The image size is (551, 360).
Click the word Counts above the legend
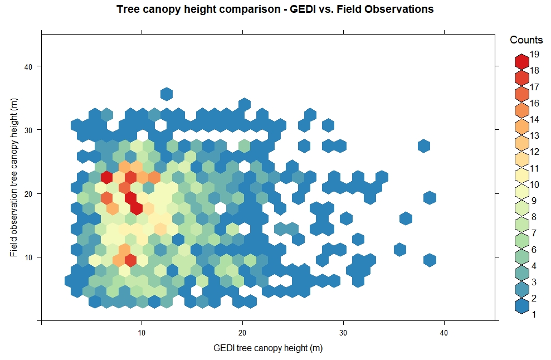(x=526, y=40)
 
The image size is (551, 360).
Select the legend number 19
(x=534, y=55)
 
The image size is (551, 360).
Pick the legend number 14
(x=534, y=119)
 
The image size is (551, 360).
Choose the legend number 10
(x=534, y=184)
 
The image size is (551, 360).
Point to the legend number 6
(x=534, y=250)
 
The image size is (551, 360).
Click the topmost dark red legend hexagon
(x=521, y=61)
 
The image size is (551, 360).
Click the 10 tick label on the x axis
(x=142, y=333)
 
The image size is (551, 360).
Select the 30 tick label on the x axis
(x=343, y=333)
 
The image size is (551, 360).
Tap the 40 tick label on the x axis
(x=444, y=333)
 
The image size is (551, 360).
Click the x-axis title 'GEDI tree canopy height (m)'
(x=268, y=348)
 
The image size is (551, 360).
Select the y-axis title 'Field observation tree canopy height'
(x=13, y=177)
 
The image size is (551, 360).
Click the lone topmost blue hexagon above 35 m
(x=167, y=94)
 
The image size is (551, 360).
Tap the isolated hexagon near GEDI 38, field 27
(x=424, y=146)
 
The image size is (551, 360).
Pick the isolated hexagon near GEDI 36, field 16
(x=406, y=218)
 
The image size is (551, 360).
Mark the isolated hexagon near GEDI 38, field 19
(x=429, y=198)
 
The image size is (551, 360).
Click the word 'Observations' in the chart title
(x=398, y=9)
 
